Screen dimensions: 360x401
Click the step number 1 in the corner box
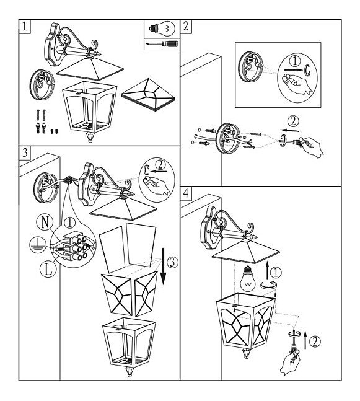[24, 27]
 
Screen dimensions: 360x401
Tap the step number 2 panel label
[186, 27]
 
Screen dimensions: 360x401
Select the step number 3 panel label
[25, 152]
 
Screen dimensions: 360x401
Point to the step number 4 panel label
[186, 193]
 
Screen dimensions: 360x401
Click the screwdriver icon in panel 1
[162, 44]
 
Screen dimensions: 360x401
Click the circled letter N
[45, 222]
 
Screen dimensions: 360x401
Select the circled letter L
[48, 270]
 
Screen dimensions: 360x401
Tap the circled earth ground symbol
[38, 245]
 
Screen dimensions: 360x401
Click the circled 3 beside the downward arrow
[172, 263]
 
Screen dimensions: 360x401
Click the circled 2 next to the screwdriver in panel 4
[315, 342]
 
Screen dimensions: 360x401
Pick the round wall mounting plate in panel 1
[42, 84]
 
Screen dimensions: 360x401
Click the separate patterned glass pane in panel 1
[148, 95]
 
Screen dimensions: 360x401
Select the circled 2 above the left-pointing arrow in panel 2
[293, 121]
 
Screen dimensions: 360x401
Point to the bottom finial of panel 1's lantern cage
[90, 138]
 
